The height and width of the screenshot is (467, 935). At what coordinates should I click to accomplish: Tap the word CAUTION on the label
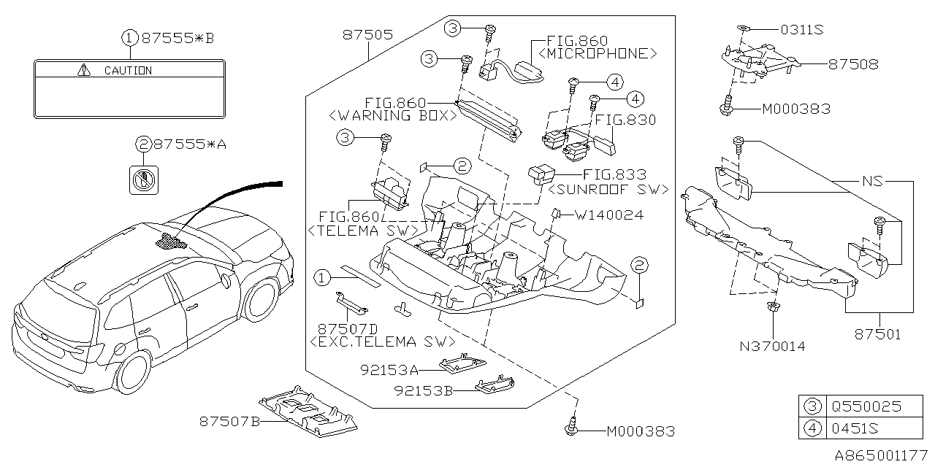click(x=128, y=71)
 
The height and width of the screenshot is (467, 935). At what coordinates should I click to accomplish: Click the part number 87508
click(x=853, y=64)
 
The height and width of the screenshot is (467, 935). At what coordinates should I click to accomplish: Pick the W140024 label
click(x=609, y=215)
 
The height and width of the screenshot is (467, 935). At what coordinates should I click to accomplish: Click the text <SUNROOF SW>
click(x=607, y=189)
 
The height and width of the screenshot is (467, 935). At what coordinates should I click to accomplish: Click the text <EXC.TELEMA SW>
click(x=382, y=341)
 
